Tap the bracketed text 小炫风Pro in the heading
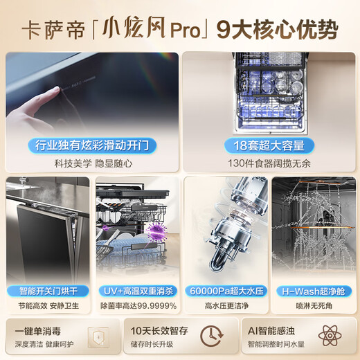click(147, 30)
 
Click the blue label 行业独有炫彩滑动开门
click(93, 146)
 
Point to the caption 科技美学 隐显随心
click(93, 164)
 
